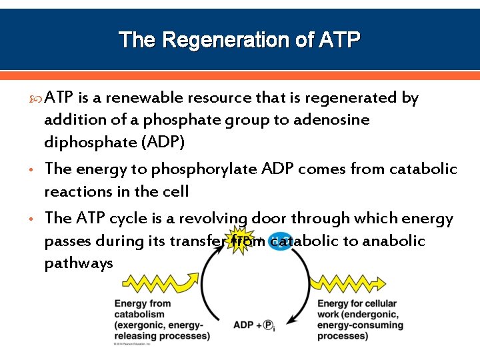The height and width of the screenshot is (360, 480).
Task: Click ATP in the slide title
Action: [339, 41]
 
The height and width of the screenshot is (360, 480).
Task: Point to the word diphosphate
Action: [83, 143]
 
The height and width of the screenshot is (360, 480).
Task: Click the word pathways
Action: [79, 263]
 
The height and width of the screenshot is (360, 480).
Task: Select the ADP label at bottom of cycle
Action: [243, 325]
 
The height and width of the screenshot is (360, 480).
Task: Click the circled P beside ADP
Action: [268, 326]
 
